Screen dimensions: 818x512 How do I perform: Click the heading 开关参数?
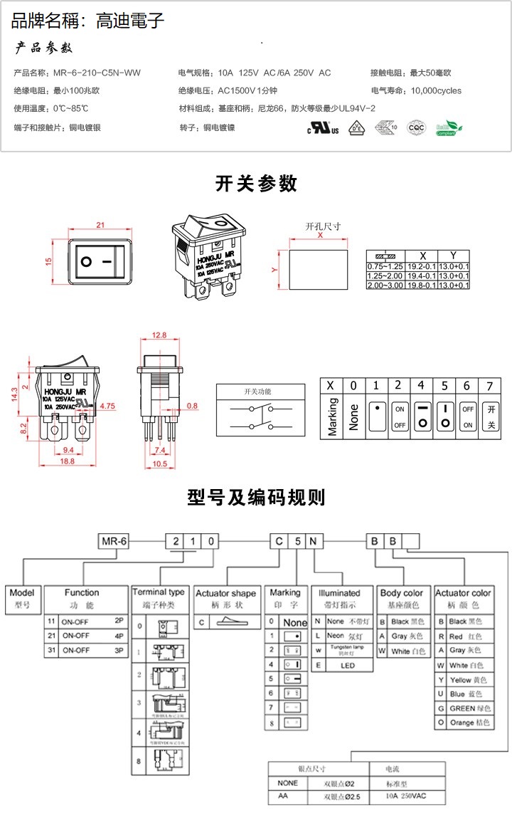[x=256, y=184]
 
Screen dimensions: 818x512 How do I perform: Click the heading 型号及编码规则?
[x=256, y=497]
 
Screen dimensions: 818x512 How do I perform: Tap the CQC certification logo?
[x=416, y=128]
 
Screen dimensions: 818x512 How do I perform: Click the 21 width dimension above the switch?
[x=100, y=225]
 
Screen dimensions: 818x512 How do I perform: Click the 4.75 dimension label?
[x=107, y=406]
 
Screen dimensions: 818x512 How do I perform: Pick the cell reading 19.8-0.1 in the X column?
[x=422, y=285]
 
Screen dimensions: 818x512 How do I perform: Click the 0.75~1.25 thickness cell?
[x=385, y=266]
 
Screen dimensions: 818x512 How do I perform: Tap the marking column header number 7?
[x=489, y=385]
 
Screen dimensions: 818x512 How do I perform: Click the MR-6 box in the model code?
[x=114, y=541]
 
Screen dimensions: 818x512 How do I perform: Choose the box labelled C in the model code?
[x=279, y=541]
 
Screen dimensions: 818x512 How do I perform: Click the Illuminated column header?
[x=339, y=592]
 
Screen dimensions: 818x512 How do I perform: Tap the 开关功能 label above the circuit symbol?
[x=257, y=392]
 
